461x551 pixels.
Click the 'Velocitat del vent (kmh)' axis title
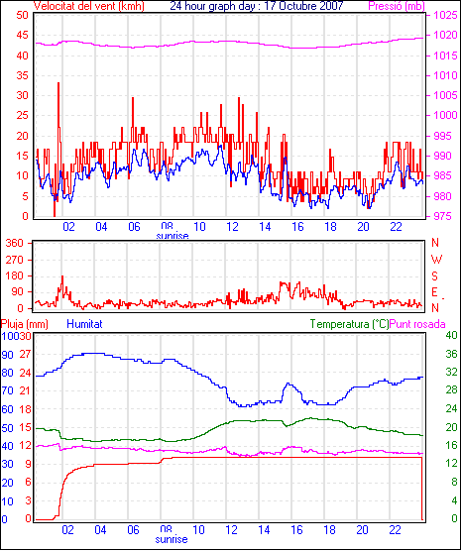pyautogui.click(x=88, y=6)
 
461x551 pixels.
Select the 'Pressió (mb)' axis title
pyautogui.click(x=397, y=6)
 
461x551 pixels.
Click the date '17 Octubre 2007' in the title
pyautogui.click(x=300, y=6)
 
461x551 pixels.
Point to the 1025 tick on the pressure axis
pyautogui.click(x=445, y=15)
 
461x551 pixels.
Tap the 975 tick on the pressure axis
pyautogui.click(x=445, y=216)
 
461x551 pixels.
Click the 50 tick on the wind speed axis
pyautogui.click(x=22, y=15)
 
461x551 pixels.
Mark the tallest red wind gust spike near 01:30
pyautogui.click(x=58, y=84)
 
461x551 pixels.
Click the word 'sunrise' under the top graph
pyautogui.click(x=173, y=236)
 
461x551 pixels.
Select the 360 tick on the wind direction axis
pyautogui.click(x=15, y=243)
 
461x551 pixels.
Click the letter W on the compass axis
pyautogui.click(x=436, y=260)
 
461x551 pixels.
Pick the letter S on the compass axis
pyautogui.click(x=435, y=276)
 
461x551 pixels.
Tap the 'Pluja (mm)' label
pyautogui.click(x=24, y=324)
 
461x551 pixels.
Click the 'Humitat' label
pyautogui.click(x=84, y=324)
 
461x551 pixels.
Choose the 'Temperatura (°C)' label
pyautogui.click(x=350, y=324)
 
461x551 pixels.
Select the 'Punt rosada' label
pyautogui.click(x=417, y=324)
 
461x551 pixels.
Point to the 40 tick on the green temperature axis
pyautogui.click(x=451, y=335)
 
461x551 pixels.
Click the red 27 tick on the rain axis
pyautogui.click(x=26, y=354)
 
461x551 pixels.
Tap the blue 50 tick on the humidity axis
pyautogui.click(x=7, y=428)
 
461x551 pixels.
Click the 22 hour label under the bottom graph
pyautogui.click(x=395, y=529)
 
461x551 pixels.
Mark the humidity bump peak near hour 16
pyautogui.click(x=288, y=384)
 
